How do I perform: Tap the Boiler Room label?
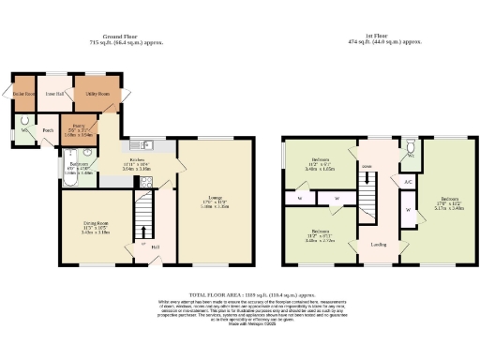[23, 94]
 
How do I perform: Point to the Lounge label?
[216, 200]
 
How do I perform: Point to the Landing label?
[379, 245]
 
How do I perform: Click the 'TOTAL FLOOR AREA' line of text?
[240, 293]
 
